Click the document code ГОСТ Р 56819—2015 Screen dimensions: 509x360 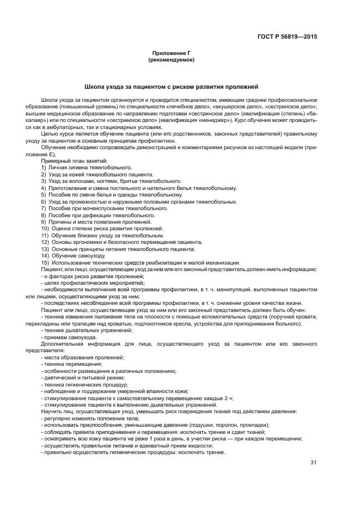click(287, 37)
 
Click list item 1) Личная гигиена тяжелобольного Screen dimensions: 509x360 click(87, 167)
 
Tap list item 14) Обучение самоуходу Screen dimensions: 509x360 click(71, 255)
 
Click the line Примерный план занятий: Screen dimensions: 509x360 click(74, 161)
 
